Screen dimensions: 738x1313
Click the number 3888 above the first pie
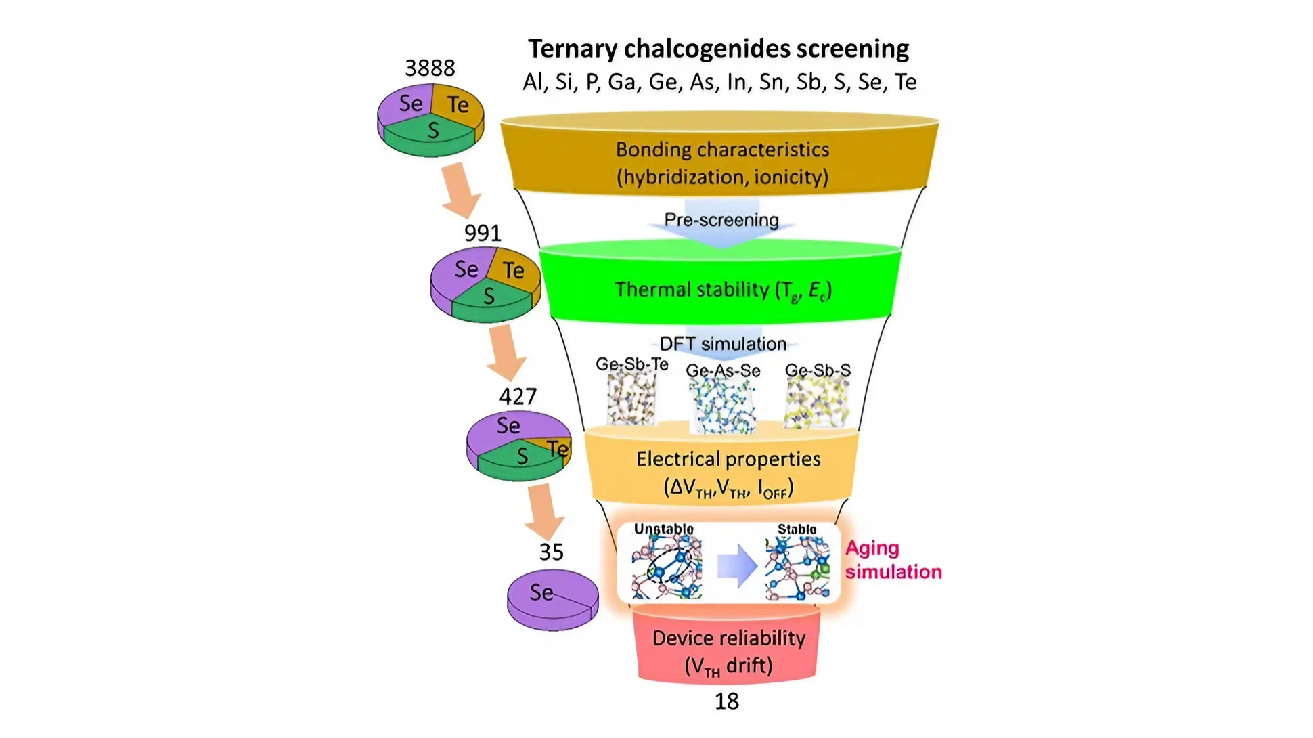(430, 68)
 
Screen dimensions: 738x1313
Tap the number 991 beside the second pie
(483, 234)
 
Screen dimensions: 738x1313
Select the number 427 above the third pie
(518, 397)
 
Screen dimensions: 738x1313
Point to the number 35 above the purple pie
(551, 552)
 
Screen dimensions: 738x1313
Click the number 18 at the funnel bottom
(727, 701)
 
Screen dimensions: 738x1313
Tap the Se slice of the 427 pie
(508, 426)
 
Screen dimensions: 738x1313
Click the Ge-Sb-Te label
(631, 364)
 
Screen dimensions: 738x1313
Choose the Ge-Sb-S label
(818, 370)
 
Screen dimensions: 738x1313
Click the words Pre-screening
(721, 220)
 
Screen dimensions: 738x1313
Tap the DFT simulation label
(723, 344)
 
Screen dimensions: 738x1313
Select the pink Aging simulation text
(892, 560)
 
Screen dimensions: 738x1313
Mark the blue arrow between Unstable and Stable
(736, 565)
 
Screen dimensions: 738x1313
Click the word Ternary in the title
(572, 49)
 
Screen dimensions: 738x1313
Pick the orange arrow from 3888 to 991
(460, 189)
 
